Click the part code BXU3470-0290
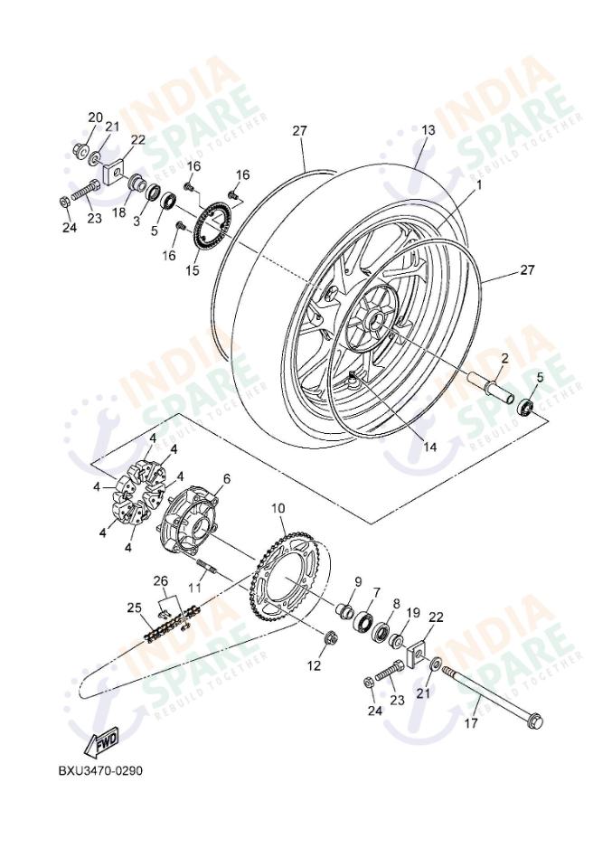tap(99, 770)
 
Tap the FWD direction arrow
tap(102, 740)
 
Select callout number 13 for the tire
tap(428, 130)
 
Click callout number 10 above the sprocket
tap(278, 508)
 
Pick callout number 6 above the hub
tap(226, 478)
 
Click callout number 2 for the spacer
tap(504, 358)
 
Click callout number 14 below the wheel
tap(428, 446)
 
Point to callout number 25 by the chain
tap(134, 607)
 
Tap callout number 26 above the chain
tap(160, 580)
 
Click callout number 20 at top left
tap(95, 118)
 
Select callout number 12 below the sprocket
tap(314, 666)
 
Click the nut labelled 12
tap(329, 642)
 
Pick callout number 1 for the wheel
tap(478, 184)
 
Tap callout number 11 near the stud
tap(194, 587)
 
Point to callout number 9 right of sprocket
tap(357, 581)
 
